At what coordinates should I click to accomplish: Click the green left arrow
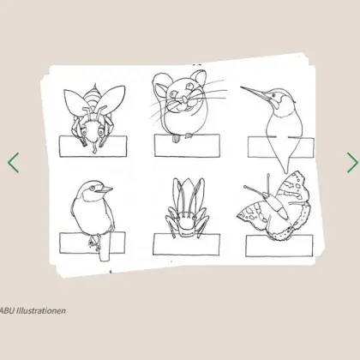13,163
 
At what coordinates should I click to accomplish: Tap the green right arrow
351,163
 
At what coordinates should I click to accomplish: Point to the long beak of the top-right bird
255,95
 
